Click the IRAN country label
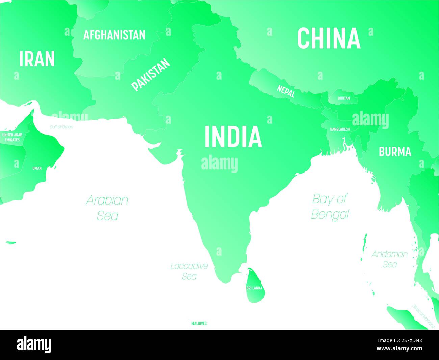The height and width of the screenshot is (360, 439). pos(37,59)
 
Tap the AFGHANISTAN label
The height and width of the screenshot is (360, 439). pos(114,35)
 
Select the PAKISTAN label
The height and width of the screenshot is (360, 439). pos(151,75)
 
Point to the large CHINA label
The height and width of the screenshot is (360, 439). pos(329,38)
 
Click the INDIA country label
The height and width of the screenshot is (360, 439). pos(233,137)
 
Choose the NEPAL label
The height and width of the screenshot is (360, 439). pos(286,91)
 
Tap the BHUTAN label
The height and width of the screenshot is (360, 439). pos(344,99)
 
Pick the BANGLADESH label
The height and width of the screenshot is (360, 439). pos(340,129)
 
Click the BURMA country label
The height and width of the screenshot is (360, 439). pos(395,152)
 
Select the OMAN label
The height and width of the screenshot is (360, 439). pos(37,168)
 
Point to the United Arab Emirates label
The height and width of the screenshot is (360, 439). pos(12,137)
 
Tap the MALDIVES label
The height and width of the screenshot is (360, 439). pos(199,323)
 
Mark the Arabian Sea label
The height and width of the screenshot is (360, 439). pos(107,207)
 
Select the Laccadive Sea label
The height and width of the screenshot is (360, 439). pos(189,271)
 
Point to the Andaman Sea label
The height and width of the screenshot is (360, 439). pos(390,259)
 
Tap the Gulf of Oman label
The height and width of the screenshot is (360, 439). pos(61,127)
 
